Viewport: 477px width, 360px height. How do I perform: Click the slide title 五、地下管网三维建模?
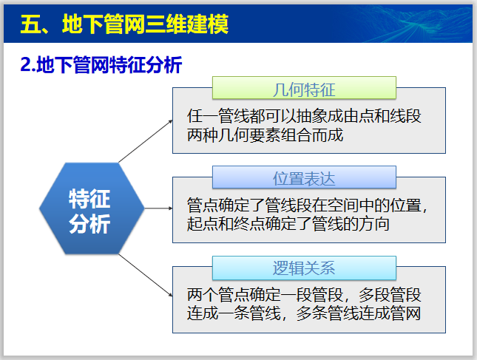(x=124, y=24)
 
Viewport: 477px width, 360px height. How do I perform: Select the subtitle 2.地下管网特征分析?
(x=101, y=65)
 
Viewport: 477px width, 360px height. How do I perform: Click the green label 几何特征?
(x=304, y=89)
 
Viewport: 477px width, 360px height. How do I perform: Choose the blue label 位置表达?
(x=304, y=178)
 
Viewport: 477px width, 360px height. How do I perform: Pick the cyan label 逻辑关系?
(x=304, y=268)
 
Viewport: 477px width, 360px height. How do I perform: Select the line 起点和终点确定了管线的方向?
(x=288, y=223)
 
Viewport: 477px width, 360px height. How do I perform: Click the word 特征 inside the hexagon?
(x=89, y=198)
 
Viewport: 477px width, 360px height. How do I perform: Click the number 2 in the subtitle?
(x=25, y=65)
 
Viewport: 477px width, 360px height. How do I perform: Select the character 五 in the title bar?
(x=30, y=24)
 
